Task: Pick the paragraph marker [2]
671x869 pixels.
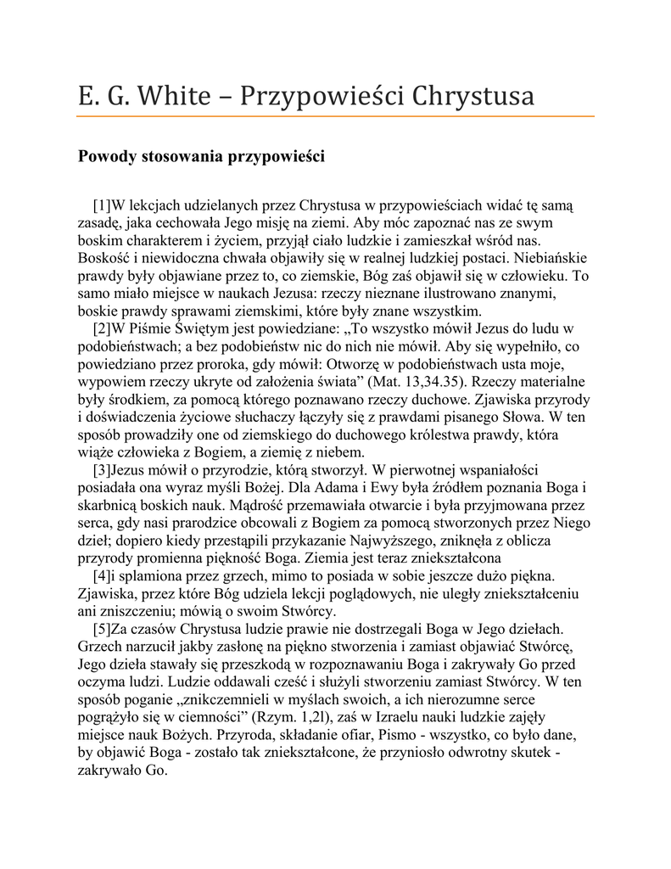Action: [x=103, y=328]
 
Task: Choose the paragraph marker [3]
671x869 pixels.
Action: [x=103, y=469]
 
